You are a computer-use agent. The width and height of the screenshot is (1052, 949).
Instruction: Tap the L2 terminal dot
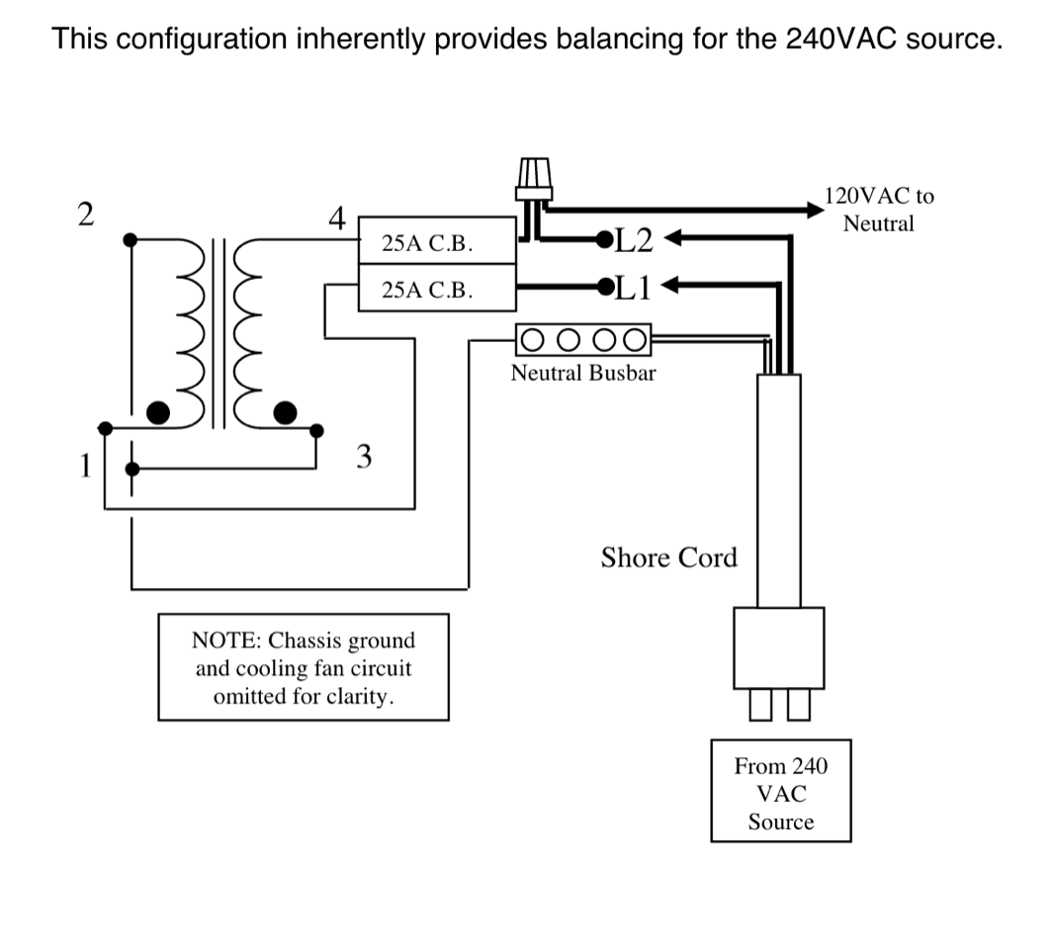604,239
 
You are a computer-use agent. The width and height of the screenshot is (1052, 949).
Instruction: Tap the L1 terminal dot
606,287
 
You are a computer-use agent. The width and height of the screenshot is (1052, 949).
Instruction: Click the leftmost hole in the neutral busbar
532,340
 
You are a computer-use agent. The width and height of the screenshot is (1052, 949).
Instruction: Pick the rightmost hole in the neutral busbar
635,340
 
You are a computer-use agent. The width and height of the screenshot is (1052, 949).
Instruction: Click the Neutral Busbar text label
583,373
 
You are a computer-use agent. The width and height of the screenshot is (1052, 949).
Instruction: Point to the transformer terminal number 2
85,215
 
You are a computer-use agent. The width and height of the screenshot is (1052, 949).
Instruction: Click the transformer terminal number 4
337,217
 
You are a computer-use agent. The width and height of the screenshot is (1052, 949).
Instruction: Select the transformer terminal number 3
364,456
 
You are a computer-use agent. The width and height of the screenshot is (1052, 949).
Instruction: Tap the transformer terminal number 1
85,466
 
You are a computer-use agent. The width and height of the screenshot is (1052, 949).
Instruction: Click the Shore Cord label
669,558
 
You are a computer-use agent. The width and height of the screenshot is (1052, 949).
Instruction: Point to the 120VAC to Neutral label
879,210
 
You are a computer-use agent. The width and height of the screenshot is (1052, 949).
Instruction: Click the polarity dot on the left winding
157,412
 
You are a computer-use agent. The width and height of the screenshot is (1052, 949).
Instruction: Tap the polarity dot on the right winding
285,412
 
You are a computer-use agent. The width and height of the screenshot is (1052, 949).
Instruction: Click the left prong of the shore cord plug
760,704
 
